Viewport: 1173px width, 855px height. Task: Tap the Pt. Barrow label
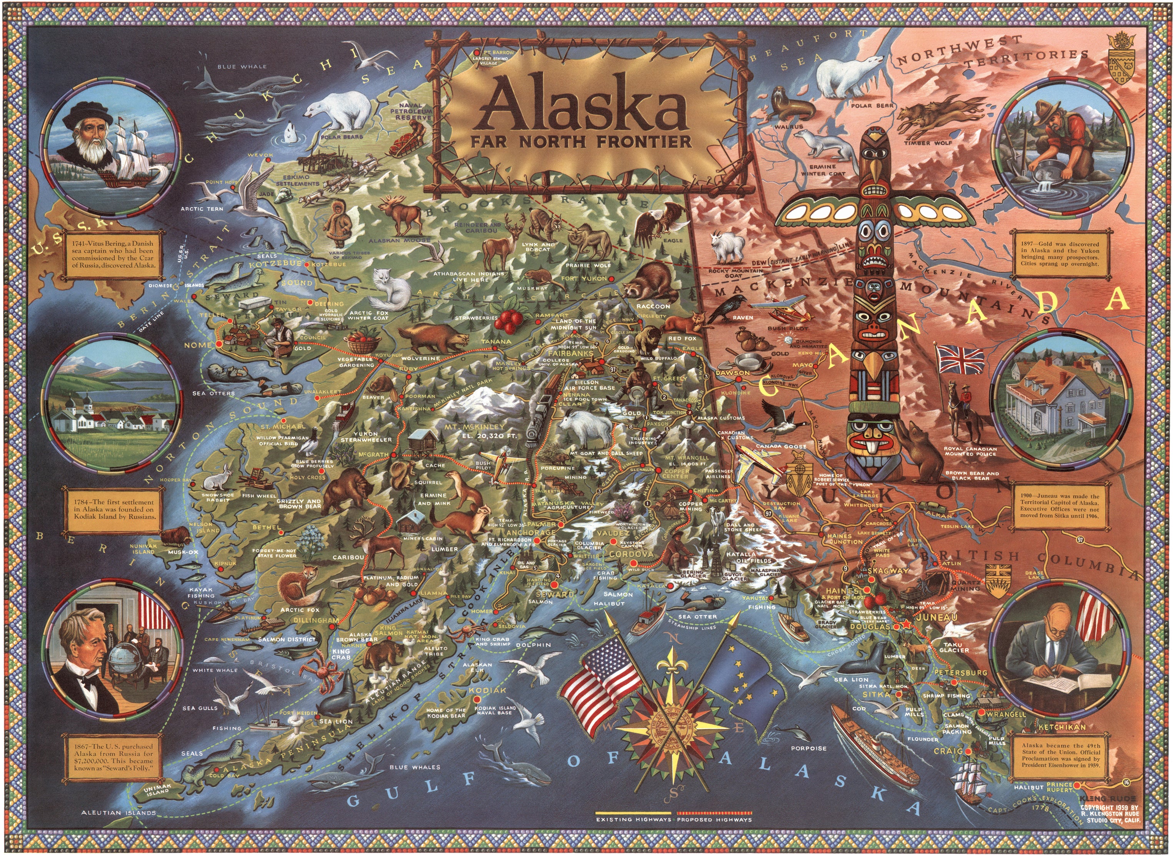[x=498, y=53]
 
